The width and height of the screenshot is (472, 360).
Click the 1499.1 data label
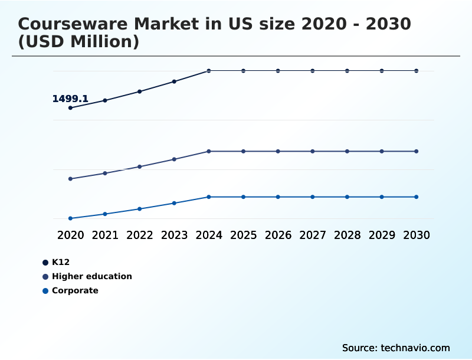click(70, 99)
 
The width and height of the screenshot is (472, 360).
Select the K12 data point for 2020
click(70, 108)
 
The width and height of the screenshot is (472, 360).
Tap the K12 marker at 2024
click(209, 71)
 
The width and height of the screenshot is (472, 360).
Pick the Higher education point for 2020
click(70, 179)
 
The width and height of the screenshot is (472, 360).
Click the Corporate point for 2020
click(70, 218)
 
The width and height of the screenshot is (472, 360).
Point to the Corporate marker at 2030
click(416, 197)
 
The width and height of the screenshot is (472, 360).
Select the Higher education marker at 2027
click(312, 151)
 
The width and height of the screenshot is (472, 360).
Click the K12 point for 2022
click(140, 91)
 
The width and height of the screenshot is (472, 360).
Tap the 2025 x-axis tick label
click(243, 235)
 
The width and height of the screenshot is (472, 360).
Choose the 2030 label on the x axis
click(416, 235)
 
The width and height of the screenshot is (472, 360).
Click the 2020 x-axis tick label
click(70, 235)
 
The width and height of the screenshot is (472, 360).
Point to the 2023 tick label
click(174, 235)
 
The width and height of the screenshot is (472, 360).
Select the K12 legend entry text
click(61, 262)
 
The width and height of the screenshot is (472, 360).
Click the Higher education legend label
click(91, 276)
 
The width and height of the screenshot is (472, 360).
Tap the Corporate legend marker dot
click(45, 291)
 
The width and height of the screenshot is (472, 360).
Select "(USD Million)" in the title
click(78, 42)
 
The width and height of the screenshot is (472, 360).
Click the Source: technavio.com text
click(396, 348)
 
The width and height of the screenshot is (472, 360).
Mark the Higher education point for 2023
click(174, 159)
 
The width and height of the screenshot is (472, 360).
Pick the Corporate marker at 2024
click(209, 197)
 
